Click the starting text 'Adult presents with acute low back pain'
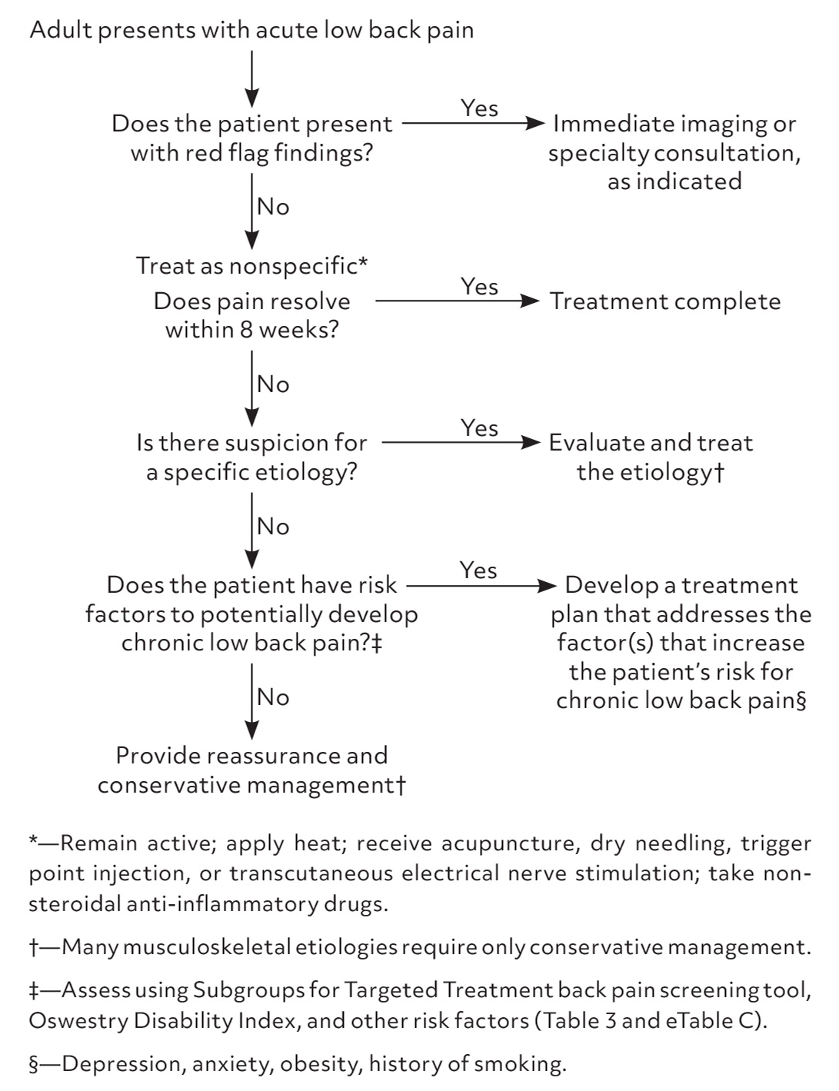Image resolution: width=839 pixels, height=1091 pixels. pos(251,31)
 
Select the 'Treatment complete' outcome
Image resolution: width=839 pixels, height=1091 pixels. pos(664,301)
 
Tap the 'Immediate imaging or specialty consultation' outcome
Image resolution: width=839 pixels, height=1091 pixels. pos(674,152)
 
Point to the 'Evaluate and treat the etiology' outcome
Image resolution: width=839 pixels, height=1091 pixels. pos(651,457)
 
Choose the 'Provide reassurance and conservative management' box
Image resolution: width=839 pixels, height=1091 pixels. pos(251,770)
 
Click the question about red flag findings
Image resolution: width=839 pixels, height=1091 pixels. pos(251,138)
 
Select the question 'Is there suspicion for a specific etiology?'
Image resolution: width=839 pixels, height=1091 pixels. pos(251,457)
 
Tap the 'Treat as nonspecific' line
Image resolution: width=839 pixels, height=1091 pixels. pos(251,266)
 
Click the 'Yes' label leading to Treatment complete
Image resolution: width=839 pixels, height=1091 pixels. pos(479,287)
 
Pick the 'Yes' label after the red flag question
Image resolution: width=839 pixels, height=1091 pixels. pos(479,108)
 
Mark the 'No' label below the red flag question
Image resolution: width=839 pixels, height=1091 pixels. pos(273,207)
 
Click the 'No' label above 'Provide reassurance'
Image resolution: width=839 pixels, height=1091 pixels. pos(273,697)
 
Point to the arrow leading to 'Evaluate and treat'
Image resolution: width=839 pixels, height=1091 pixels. pos(461,443)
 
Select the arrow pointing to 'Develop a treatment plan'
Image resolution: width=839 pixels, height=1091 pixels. pos(481,586)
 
